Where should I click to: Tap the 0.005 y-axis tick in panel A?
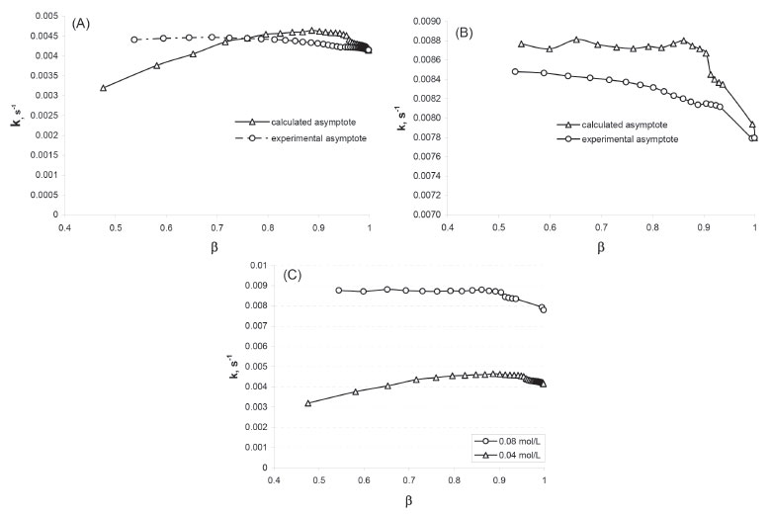(x=44, y=18)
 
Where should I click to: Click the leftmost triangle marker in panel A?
(x=104, y=87)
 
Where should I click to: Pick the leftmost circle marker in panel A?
(x=134, y=40)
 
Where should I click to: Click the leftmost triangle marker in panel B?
(x=522, y=43)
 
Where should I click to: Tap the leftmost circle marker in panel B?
(x=515, y=71)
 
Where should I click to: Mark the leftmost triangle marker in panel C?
(x=308, y=402)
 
